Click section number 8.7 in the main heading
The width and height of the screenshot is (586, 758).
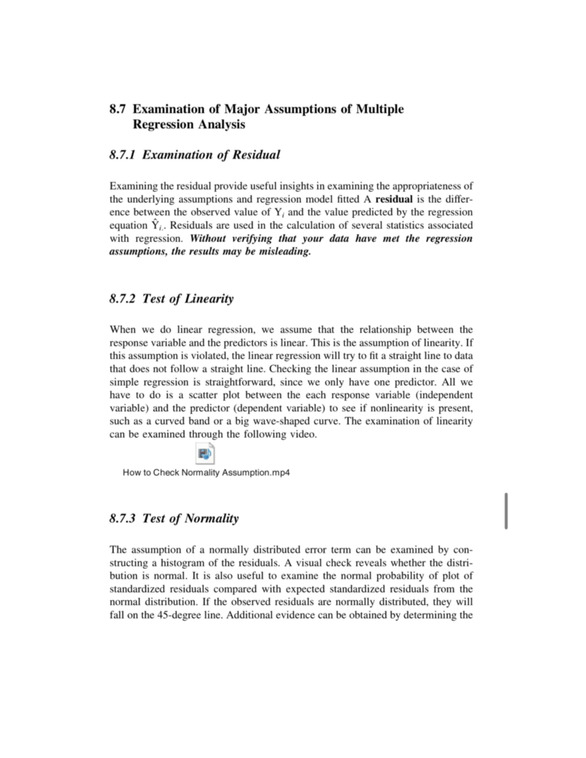[118, 109]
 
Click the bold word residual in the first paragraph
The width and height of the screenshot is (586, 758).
[394, 199]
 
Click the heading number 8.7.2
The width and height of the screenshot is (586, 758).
[123, 299]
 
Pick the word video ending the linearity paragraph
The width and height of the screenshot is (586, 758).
[304, 434]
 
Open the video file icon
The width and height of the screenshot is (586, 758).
[205, 454]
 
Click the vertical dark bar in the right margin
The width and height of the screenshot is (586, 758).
[506, 511]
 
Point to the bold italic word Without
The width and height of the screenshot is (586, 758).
[208, 239]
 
